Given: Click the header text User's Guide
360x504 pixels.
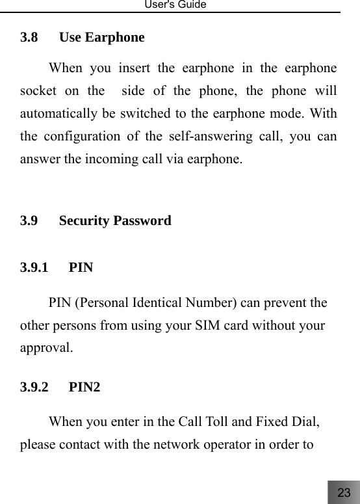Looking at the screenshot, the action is (x=179, y=5).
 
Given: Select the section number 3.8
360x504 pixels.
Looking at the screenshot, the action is (x=29, y=37).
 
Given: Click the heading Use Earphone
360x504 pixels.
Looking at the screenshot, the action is (x=101, y=37).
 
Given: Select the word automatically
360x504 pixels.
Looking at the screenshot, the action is (x=58, y=113).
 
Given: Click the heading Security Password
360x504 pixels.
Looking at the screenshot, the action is (x=115, y=220).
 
